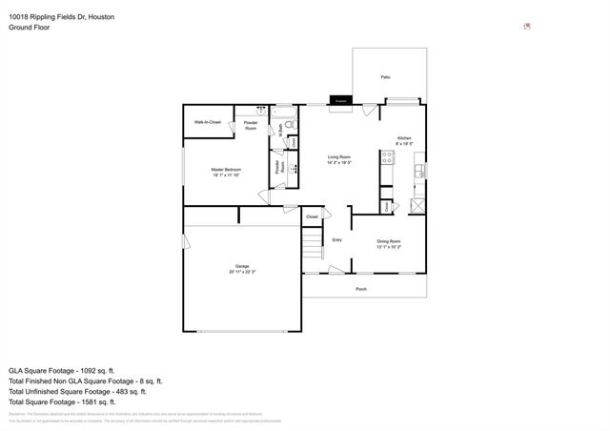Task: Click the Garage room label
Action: click(x=242, y=266)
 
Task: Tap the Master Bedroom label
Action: click(x=225, y=170)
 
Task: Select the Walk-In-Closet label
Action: click(x=208, y=122)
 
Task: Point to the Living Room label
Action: click(x=340, y=156)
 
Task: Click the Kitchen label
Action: click(x=404, y=138)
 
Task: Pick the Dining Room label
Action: click(x=389, y=241)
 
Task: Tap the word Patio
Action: click(x=385, y=76)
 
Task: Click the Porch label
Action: click(x=361, y=289)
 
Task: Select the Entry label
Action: click(x=336, y=240)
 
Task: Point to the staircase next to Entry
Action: click(x=312, y=251)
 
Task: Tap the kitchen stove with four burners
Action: click(x=388, y=158)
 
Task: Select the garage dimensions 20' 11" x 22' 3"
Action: click(x=242, y=273)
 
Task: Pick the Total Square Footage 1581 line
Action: click(x=75, y=401)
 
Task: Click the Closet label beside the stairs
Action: click(x=312, y=217)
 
